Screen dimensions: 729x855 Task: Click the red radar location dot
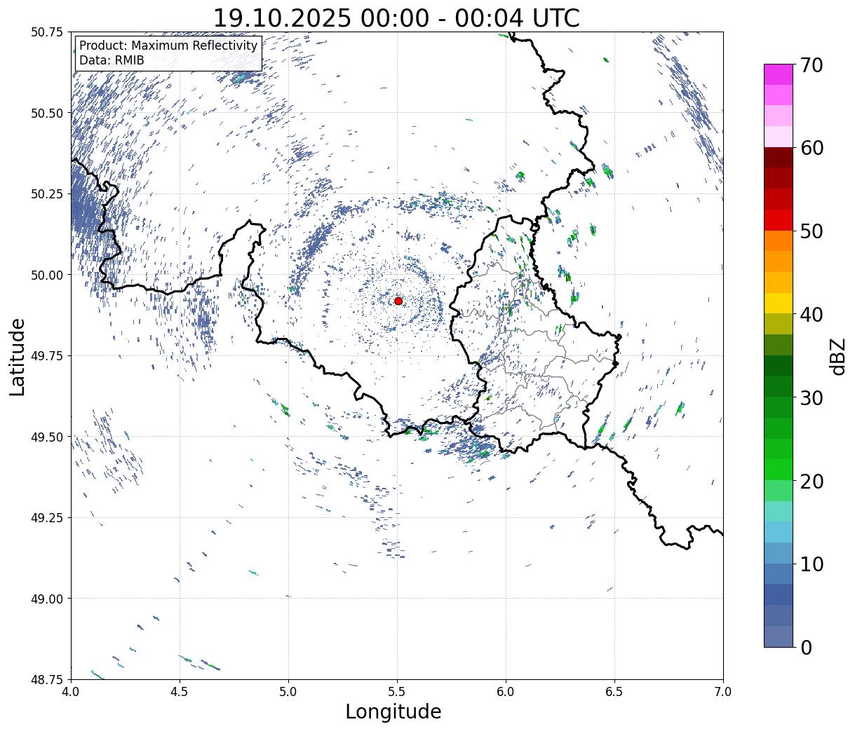pyautogui.click(x=398, y=301)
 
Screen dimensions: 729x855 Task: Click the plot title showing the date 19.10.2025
pyautogui.click(x=396, y=18)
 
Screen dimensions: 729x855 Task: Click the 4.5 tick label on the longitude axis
pyautogui.click(x=180, y=693)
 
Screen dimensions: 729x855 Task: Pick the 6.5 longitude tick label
pyautogui.click(x=614, y=693)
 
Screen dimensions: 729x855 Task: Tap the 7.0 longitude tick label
pyautogui.click(x=723, y=693)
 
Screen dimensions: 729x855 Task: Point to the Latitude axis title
pyautogui.click(x=18, y=356)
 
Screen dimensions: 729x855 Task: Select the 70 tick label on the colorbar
pyautogui.click(x=811, y=65)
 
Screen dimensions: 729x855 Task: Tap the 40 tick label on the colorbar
pyautogui.click(x=811, y=315)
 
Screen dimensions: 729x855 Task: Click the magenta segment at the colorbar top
pyautogui.click(x=778, y=74)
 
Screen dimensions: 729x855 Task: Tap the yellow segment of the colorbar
pyautogui.click(x=778, y=304)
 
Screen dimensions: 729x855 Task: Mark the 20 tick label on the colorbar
pyautogui.click(x=811, y=482)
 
